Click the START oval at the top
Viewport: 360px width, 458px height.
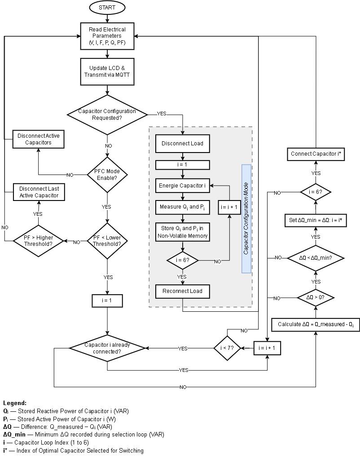tap(107, 8)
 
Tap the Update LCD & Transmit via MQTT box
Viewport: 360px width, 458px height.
tap(107, 72)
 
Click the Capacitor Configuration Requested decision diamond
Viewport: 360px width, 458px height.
tap(107, 114)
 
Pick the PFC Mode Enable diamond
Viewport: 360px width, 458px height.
tap(107, 174)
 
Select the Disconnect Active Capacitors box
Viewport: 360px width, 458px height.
tap(38, 139)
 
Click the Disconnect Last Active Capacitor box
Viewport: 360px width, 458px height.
tap(39, 192)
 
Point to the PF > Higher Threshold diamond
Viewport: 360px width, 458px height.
tap(38, 241)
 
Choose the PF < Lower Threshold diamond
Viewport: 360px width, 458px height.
tap(107, 241)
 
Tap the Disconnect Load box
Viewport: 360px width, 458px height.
tap(182, 144)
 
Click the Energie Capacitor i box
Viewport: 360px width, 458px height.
tap(182, 185)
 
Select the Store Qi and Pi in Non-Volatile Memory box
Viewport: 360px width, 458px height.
tap(182, 232)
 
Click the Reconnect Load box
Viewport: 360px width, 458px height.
tap(182, 291)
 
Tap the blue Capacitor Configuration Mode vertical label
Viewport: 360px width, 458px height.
tap(246, 218)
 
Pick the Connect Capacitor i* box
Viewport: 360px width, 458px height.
tap(316, 154)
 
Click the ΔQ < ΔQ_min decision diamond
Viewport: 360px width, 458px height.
tap(316, 258)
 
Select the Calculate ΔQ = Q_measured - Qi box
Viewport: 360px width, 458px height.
tap(316, 324)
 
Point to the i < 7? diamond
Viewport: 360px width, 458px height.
tap(227, 348)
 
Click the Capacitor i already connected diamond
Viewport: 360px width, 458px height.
tap(107, 348)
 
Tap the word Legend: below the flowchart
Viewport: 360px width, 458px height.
tap(15, 403)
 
